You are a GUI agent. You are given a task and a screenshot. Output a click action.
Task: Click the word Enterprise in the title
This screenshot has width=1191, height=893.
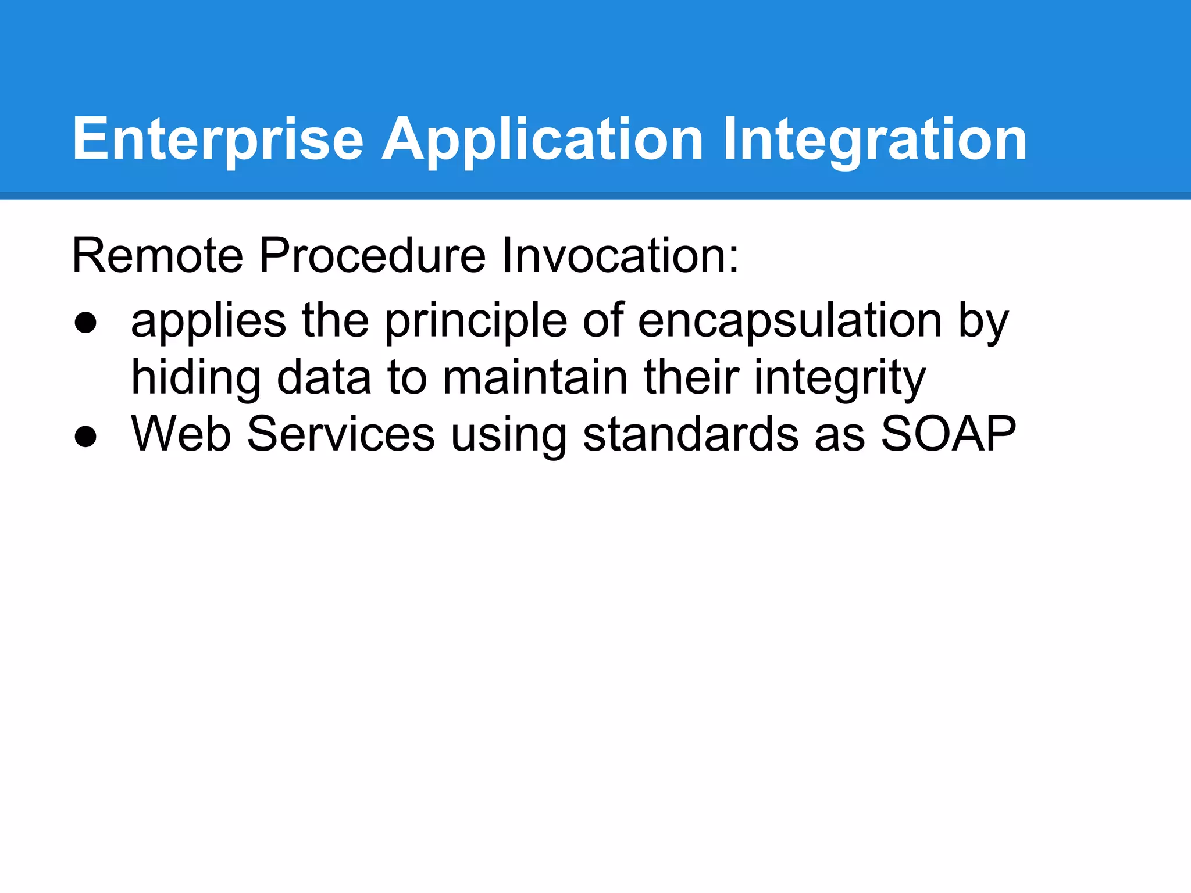[217, 140]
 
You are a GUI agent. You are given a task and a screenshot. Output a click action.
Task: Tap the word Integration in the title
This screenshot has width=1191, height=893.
[875, 140]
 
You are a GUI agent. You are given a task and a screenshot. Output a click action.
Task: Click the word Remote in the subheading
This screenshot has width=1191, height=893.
[157, 255]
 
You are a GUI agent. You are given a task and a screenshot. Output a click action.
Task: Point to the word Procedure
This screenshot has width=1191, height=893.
[372, 255]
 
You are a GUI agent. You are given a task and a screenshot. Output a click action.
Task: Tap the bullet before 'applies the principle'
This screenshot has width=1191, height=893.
[85, 323]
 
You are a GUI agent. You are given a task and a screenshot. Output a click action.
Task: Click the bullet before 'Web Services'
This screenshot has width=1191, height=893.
[85, 437]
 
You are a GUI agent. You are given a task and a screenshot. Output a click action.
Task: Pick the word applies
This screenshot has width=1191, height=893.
[208, 321]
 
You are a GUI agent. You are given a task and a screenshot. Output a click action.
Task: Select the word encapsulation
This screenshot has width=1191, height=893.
[790, 321]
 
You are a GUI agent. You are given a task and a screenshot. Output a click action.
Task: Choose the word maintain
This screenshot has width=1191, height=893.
[535, 377]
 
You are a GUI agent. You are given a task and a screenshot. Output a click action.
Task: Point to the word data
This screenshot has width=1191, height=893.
[323, 377]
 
